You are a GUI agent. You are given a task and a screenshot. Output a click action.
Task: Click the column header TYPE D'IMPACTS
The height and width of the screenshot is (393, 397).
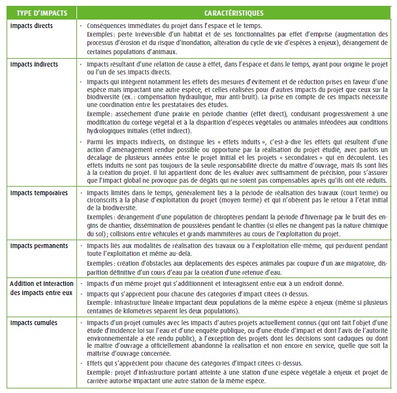point(37,12)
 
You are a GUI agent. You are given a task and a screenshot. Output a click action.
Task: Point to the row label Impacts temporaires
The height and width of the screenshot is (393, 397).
point(37,195)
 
